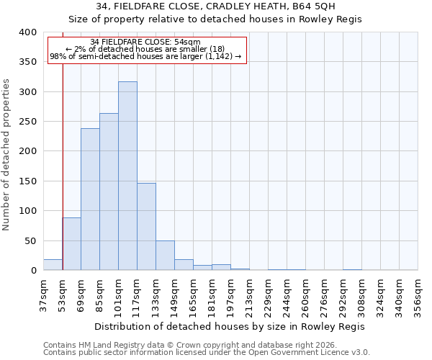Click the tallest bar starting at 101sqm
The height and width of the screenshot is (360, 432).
click(x=127, y=176)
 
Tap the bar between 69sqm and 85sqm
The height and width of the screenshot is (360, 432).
click(x=90, y=199)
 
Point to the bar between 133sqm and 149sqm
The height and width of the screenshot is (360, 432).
click(x=165, y=256)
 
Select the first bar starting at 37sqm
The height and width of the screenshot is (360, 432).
click(x=53, y=264)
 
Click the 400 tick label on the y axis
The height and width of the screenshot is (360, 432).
click(x=27, y=32)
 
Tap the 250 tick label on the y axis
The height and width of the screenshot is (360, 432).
click(x=27, y=122)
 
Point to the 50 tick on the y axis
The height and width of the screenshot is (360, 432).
click(x=30, y=240)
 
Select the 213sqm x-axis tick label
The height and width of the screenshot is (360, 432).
click(x=249, y=296)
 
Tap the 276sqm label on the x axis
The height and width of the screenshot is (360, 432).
click(x=324, y=296)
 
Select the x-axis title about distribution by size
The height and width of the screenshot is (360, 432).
click(x=230, y=326)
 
